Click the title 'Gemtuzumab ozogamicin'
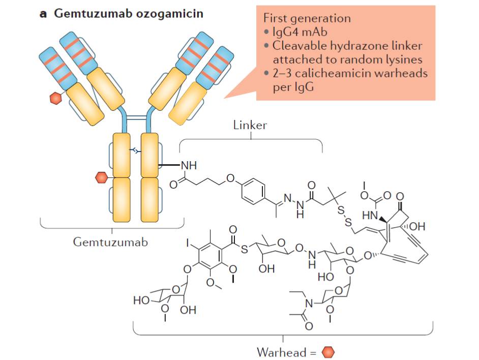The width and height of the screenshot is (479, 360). point(129,14)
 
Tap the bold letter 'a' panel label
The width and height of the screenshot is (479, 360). point(44,14)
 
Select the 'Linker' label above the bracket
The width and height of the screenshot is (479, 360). point(250,125)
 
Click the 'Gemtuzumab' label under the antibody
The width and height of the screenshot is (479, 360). point(110,242)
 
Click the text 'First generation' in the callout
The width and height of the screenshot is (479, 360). point(307,18)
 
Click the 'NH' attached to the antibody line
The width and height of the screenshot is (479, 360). point(189,165)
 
